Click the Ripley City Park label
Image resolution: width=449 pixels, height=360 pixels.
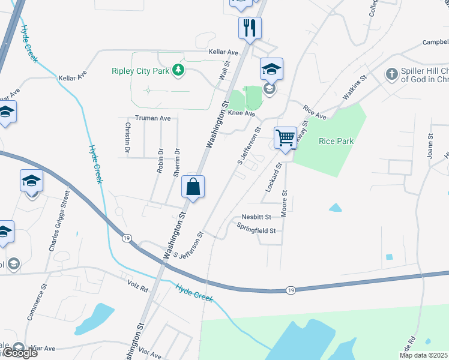pyautogui.click(x=140, y=71)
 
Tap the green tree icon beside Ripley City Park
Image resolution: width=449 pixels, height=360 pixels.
pyautogui.click(x=178, y=71)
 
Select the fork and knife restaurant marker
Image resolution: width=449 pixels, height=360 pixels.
pyautogui.click(x=249, y=28)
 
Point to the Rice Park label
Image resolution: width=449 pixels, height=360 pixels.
pyautogui.click(x=336, y=141)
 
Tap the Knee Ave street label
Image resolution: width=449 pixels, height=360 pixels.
pyautogui.click(x=241, y=113)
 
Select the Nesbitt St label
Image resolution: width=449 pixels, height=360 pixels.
pyautogui.click(x=257, y=217)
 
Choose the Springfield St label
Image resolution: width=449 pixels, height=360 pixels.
pyautogui.click(x=256, y=230)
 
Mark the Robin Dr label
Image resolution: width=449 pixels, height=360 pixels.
pyautogui.click(x=160, y=160)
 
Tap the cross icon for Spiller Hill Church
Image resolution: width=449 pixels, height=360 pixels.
pyautogui.click(x=391, y=74)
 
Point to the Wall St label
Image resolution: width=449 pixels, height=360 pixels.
pyautogui.click(x=224, y=71)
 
